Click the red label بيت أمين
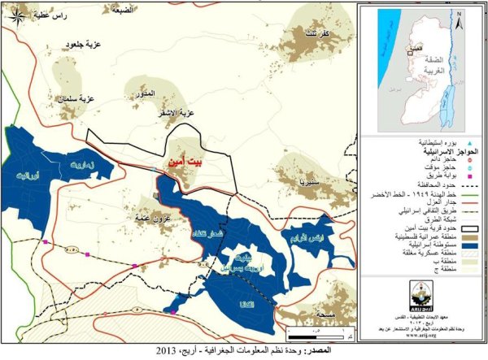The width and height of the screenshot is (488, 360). [x=185, y=162]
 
